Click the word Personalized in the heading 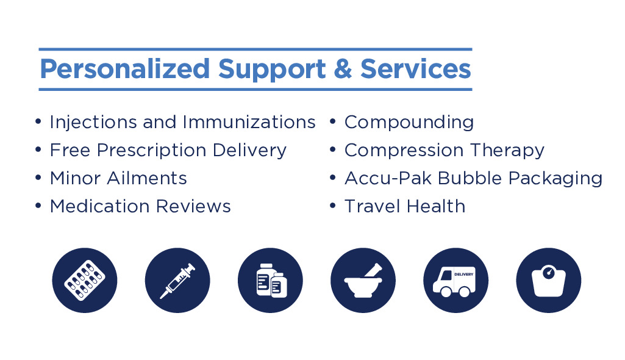(125, 70)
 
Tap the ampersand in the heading (343, 68)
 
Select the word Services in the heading (416, 68)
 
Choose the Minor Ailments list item (118, 178)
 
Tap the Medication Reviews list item (140, 206)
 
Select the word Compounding (409, 123)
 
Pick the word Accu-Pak (388, 178)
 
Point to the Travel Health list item (405, 206)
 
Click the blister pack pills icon (85, 280)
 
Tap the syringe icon (177, 280)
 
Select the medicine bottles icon (270, 280)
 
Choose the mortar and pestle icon (363, 280)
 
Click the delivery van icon (455, 280)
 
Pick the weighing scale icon (548, 280)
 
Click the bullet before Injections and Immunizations (38, 121)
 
